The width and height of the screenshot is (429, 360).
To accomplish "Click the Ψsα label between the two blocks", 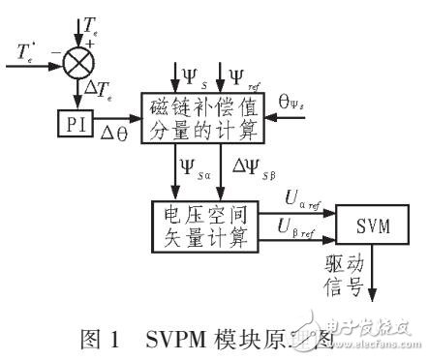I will [x=197, y=174].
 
